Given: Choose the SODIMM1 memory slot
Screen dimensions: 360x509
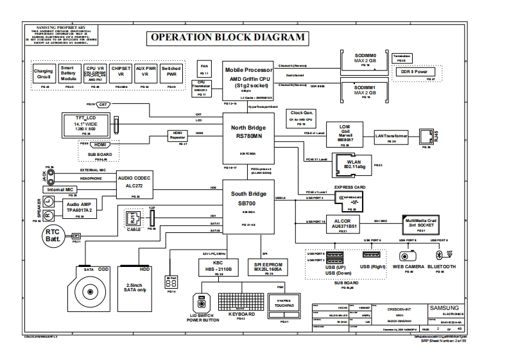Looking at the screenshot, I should pyautogui.click(x=364, y=90).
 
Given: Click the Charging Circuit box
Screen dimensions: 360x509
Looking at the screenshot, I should pyautogui.click(x=44, y=73).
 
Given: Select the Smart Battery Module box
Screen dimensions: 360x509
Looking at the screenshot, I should pyautogui.click(x=67, y=73).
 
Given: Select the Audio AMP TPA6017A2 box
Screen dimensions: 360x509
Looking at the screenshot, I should pyautogui.click(x=80, y=207).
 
